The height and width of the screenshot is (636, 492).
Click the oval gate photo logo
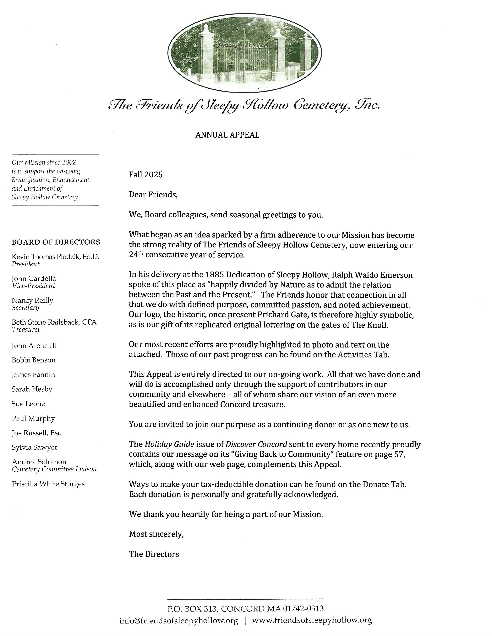(245, 53)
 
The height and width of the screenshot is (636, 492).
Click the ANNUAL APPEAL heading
(227, 135)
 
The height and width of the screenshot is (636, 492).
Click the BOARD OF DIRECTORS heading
(56, 242)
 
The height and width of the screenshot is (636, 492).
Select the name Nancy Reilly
(32, 300)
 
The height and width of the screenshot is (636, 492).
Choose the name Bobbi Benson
(34, 360)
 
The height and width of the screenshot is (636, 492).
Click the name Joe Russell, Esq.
(38, 433)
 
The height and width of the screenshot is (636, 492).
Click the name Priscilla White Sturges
(48, 484)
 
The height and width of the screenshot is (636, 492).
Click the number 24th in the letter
(136, 255)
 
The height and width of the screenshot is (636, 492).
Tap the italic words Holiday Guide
(169, 444)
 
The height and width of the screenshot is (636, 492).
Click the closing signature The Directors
(154, 554)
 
